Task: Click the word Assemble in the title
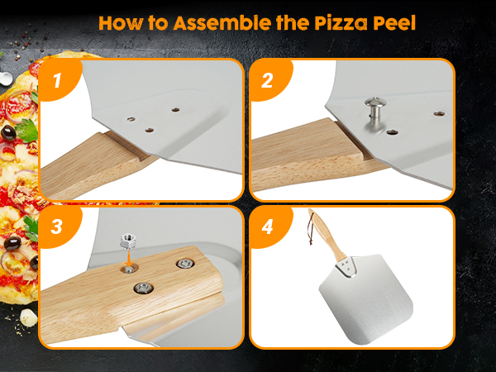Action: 222,23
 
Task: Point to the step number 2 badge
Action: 267,80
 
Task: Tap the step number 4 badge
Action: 267,227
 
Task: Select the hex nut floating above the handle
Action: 127,241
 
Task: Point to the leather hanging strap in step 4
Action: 310,228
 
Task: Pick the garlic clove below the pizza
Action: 28,317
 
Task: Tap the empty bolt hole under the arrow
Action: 129,269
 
